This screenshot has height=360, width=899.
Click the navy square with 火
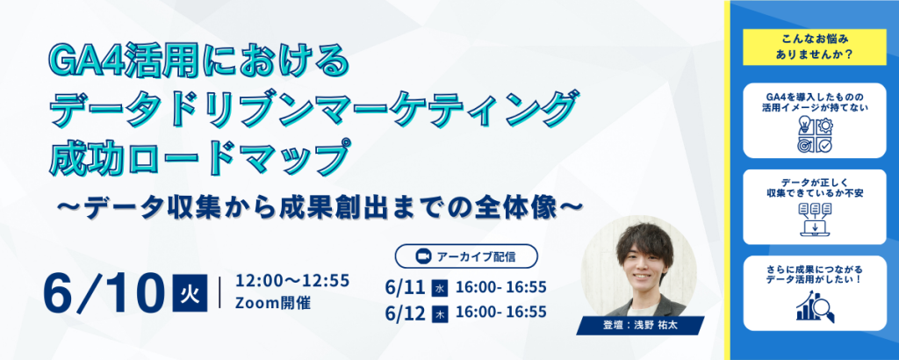pos(190,293)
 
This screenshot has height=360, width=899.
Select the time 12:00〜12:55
pos(292,282)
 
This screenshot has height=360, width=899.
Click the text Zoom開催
pos(273,303)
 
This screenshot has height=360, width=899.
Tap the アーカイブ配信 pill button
pos(466,256)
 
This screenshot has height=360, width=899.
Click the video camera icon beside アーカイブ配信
pos(423,256)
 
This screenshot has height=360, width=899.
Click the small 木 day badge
pos(440,314)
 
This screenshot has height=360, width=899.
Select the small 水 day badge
pos(440,289)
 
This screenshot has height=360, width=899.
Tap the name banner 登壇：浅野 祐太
pos(640,325)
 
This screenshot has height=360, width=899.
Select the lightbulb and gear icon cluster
pos(815,135)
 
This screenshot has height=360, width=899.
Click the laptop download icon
pos(815,220)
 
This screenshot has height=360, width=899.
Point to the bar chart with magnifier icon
pos(815,306)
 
